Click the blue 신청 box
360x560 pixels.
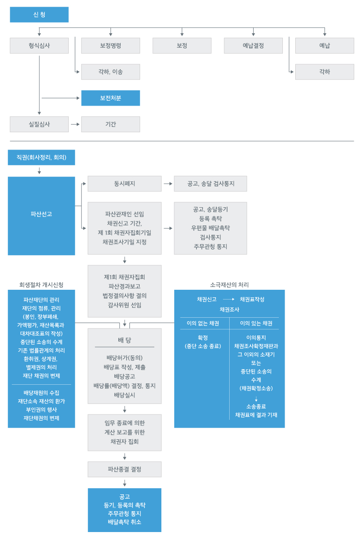coord(39,15)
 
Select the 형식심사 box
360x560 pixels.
coord(39,46)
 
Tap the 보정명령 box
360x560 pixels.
coord(110,46)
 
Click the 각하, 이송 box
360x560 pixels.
coord(110,72)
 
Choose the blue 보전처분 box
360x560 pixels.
coord(110,98)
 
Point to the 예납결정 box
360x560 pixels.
coord(253,46)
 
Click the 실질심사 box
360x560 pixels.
coord(39,124)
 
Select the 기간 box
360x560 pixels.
coord(110,124)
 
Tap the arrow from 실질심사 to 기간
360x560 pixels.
coord(75,124)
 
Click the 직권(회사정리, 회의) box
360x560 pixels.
coord(41,158)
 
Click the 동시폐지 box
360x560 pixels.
coord(124,184)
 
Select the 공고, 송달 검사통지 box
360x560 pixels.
coord(210,184)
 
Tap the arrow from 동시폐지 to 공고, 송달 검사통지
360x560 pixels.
coord(168,184)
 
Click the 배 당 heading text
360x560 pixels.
coord(124,340)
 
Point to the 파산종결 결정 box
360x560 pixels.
coord(124,469)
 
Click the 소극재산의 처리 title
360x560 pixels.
coord(229,285)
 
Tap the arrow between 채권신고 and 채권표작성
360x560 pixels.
coord(228,299)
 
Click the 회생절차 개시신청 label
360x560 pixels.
coord(41,285)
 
